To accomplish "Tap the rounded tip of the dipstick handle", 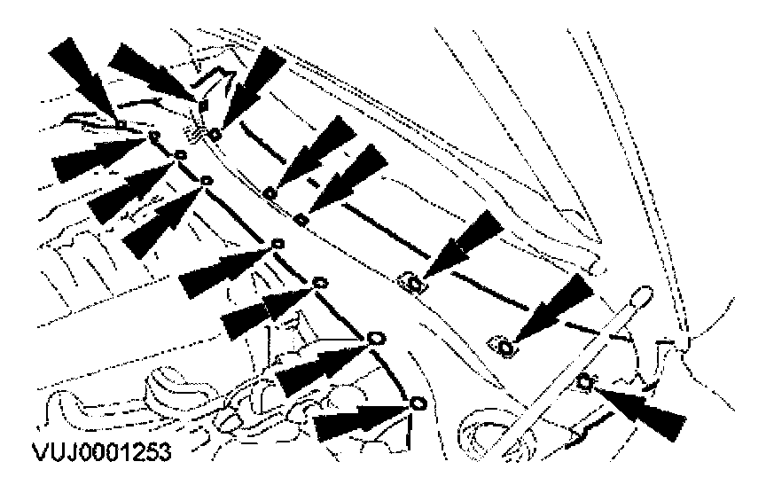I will [x=641, y=289].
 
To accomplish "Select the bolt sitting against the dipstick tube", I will [x=583, y=383].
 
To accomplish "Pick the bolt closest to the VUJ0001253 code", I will [x=418, y=404].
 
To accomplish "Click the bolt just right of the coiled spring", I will [x=215, y=133].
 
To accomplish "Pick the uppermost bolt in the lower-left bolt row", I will [x=154, y=137].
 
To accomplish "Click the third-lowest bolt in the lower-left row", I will [x=321, y=284].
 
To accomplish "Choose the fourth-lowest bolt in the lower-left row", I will [x=278, y=244].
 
